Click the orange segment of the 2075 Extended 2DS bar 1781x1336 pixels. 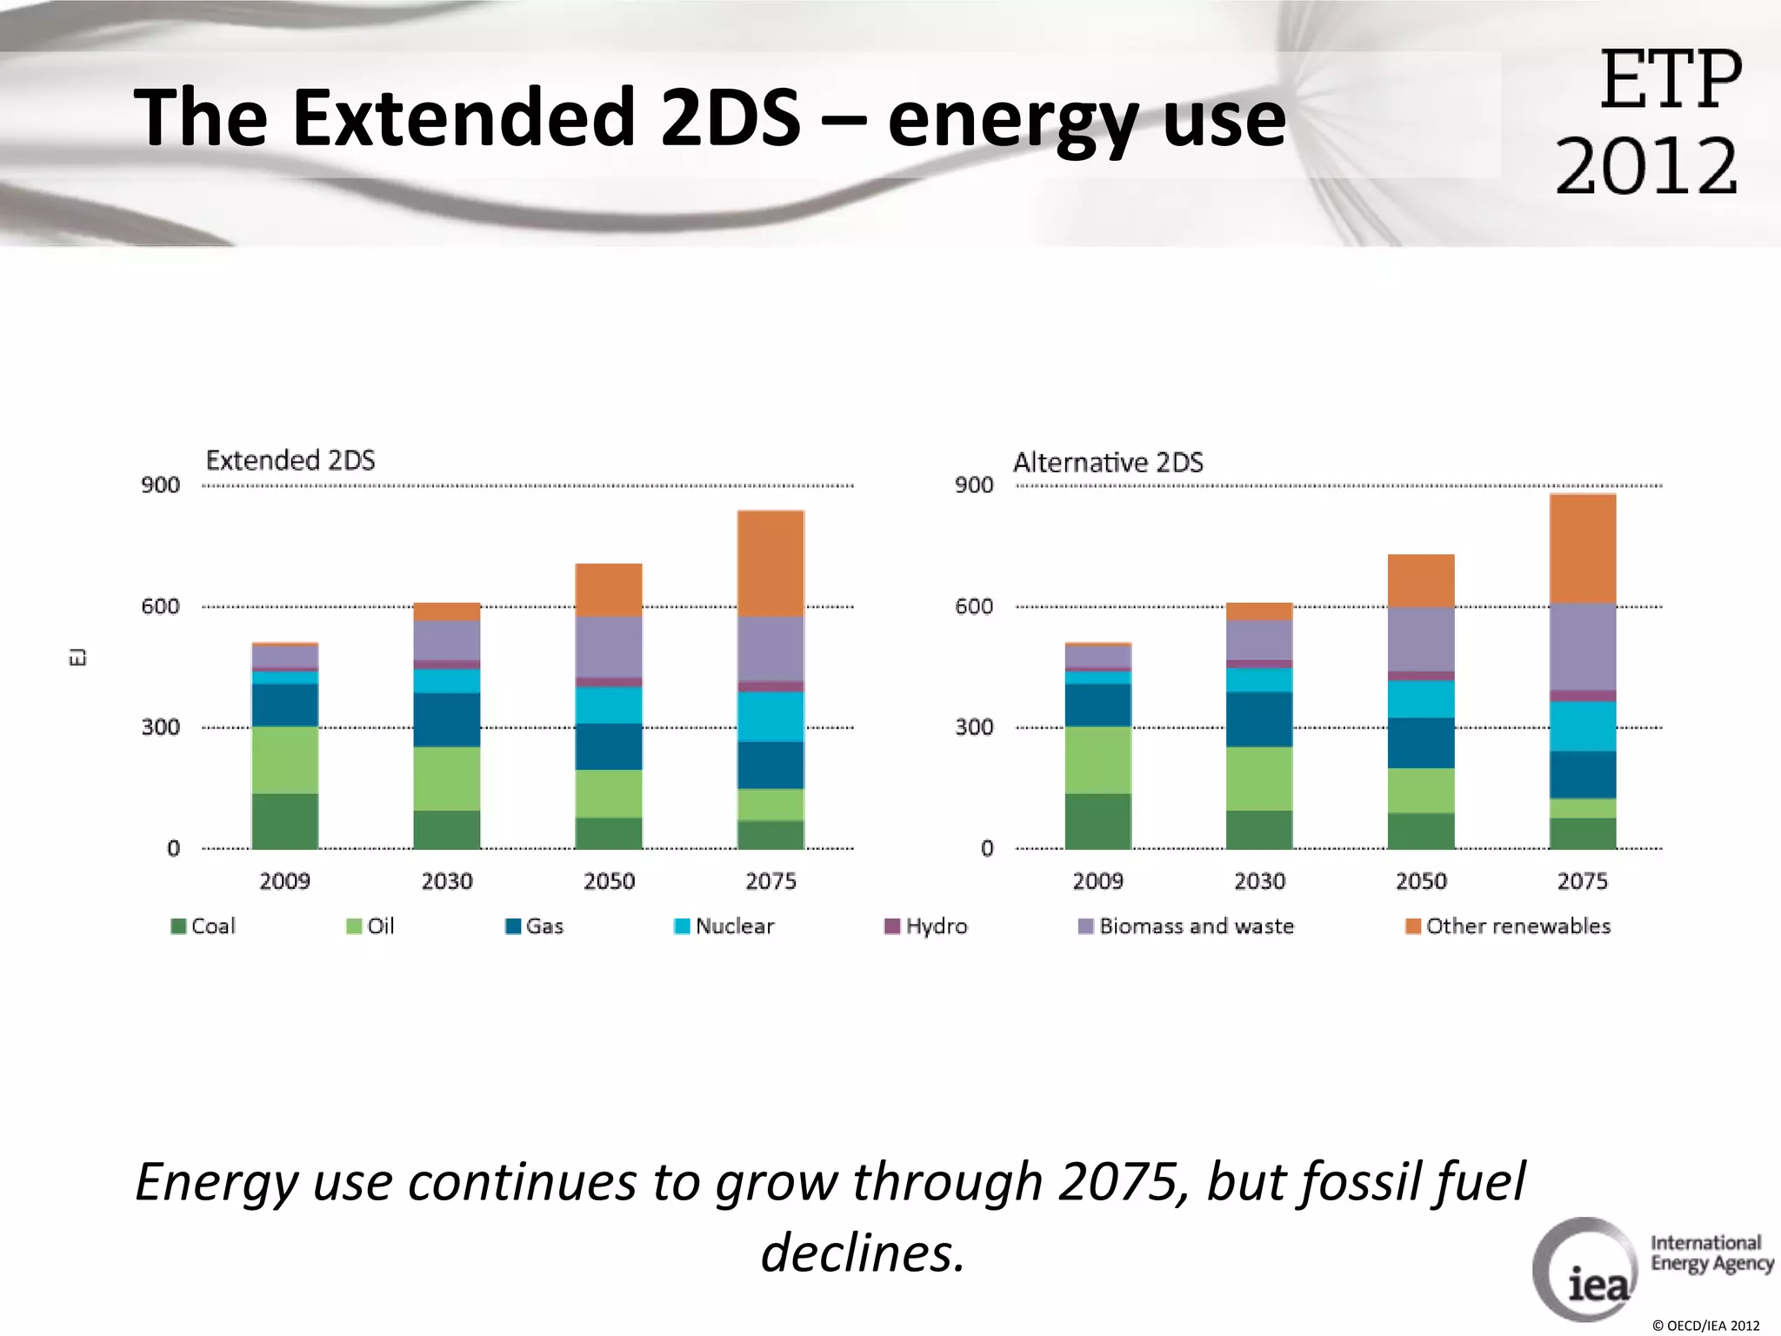(x=770, y=564)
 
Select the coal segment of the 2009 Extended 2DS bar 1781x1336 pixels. (x=284, y=820)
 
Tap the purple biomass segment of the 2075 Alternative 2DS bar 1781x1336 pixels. (x=1583, y=646)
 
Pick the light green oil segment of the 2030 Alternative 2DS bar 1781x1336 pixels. (x=1259, y=778)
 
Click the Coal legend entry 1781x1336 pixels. (x=203, y=926)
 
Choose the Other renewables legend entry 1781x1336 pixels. (x=1508, y=926)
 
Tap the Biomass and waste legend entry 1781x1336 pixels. (x=1186, y=926)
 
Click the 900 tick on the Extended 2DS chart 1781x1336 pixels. (x=161, y=485)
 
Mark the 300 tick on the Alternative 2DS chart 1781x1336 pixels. (x=974, y=727)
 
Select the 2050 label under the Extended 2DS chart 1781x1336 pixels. (x=609, y=881)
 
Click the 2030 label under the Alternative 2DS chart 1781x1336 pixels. (x=1259, y=881)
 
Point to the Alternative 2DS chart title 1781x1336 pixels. (x=1108, y=462)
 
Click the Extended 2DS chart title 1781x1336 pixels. (x=290, y=460)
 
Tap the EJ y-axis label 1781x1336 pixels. (x=77, y=657)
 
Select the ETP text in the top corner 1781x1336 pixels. (x=1670, y=80)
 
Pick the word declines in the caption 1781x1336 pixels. (x=862, y=1253)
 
